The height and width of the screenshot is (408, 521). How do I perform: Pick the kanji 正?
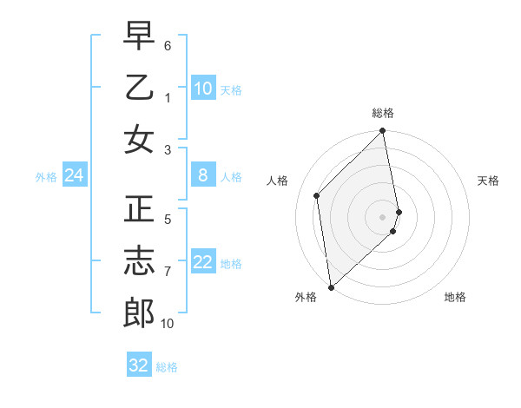tap(139, 209)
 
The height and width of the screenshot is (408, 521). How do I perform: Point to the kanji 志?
tap(139, 261)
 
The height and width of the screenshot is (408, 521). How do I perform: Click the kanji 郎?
tap(139, 313)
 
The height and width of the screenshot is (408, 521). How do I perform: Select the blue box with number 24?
tap(74, 176)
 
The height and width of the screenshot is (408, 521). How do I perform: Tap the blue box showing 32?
tap(139, 365)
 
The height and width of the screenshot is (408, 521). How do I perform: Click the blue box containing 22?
tap(203, 262)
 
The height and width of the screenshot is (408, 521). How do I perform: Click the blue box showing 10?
tap(203, 89)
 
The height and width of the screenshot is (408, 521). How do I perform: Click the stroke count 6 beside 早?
tap(168, 44)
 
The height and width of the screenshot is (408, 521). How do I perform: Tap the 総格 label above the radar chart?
tap(383, 113)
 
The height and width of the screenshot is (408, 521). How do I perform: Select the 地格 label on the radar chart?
tap(455, 297)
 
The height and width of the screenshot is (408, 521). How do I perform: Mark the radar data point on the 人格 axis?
tap(317, 195)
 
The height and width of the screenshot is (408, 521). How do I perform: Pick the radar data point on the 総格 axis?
tap(383, 132)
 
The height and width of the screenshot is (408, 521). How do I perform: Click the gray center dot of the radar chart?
tap(383, 216)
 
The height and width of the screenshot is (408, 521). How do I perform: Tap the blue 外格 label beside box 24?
tap(46, 177)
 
